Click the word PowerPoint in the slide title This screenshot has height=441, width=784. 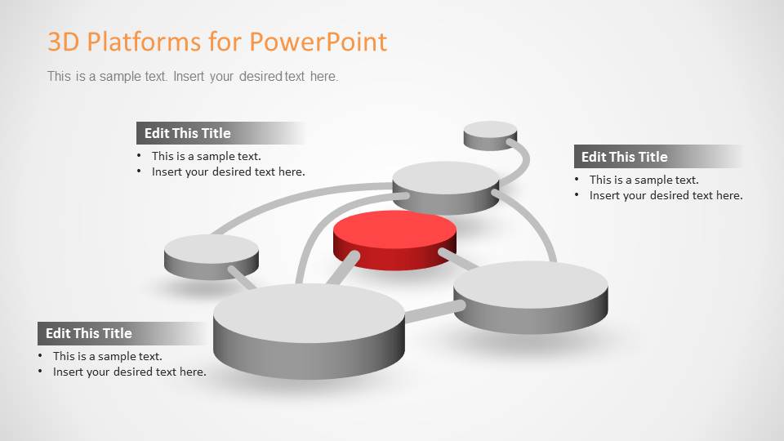click(x=318, y=42)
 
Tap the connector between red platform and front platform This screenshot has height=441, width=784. click(x=343, y=268)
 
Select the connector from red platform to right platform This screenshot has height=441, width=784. click(x=459, y=260)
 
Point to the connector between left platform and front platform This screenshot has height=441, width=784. click(x=241, y=277)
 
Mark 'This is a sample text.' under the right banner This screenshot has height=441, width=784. click(x=644, y=180)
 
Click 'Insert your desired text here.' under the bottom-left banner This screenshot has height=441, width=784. click(x=130, y=372)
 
